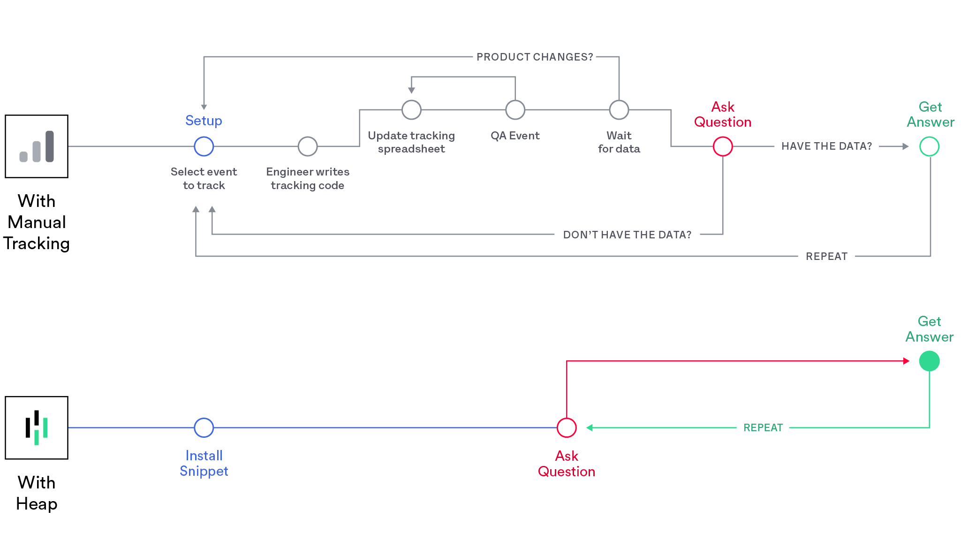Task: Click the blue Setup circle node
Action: click(204, 146)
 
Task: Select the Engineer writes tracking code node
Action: click(308, 146)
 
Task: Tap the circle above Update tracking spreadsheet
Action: click(411, 110)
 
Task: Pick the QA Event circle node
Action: click(515, 110)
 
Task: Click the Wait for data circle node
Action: click(619, 110)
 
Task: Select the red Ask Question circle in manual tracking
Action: click(723, 146)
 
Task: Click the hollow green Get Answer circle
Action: click(929, 146)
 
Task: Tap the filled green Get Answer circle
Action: click(929, 361)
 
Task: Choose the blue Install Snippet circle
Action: click(204, 427)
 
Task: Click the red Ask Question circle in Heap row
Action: click(567, 427)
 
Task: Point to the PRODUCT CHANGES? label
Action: click(535, 57)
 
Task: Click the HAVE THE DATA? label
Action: click(826, 146)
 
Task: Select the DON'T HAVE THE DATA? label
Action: click(627, 235)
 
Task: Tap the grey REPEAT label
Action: click(826, 256)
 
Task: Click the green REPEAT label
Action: click(763, 427)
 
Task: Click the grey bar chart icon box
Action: click(37, 146)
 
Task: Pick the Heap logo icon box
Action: click(37, 427)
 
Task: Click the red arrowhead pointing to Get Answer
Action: click(907, 361)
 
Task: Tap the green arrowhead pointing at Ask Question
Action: click(589, 427)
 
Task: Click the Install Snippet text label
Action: click(204, 463)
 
